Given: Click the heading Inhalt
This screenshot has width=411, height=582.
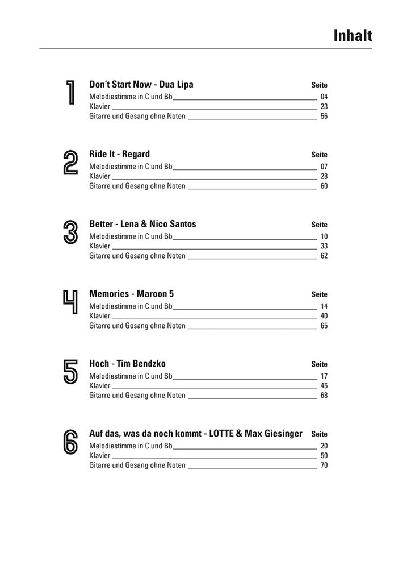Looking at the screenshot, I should point(353,36).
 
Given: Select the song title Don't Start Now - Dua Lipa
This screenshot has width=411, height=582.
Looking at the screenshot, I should point(141,85).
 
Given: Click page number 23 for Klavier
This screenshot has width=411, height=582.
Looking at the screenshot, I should point(324,107).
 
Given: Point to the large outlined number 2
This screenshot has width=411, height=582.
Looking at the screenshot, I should point(70,163).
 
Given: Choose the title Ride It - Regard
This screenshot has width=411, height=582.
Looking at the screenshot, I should point(120,155).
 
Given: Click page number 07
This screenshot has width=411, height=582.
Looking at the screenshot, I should point(324,167).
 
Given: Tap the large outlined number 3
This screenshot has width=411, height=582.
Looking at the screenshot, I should point(70,232).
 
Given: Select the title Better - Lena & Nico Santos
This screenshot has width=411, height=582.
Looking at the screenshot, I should point(142,225).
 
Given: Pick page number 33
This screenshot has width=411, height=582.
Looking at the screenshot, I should point(324,247).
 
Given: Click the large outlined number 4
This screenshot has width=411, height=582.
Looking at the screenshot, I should point(70,302).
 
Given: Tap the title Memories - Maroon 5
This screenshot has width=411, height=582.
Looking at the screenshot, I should point(132,294).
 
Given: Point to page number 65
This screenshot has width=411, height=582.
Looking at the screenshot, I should point(324,326).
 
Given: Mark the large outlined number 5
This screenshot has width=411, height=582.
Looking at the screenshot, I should point(70,372).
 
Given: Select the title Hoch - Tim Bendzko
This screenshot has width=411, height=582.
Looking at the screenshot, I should point(128,364).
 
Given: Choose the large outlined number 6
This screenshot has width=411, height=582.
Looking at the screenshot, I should point(70,442).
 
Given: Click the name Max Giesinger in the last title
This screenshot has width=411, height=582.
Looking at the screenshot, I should point(277,434).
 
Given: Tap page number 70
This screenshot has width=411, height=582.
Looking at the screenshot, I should point(324,465).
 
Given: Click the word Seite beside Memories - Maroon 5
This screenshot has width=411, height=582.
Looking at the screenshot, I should point(320,294).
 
